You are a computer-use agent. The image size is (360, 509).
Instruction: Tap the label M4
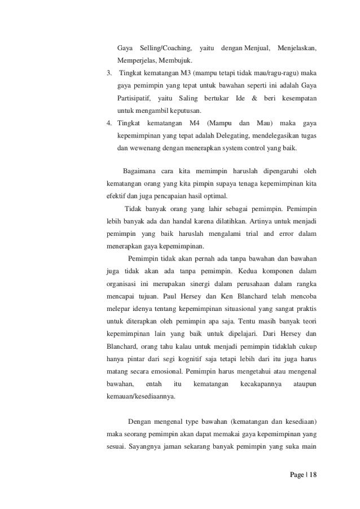(194, 123)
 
